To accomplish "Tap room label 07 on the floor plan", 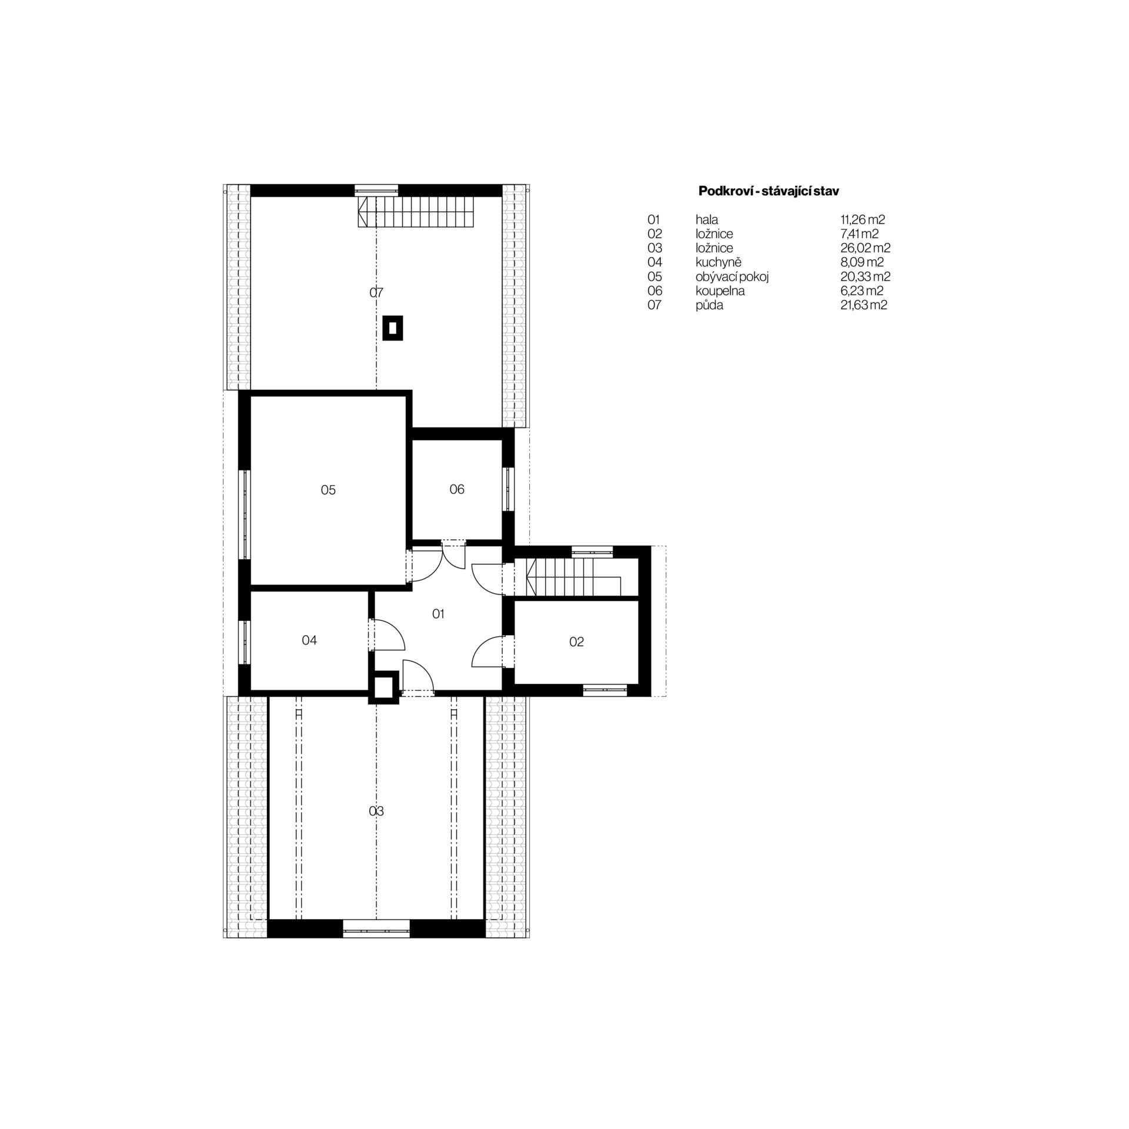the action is pos(376,292).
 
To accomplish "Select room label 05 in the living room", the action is pos(328,490).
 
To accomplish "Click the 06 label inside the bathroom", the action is pos(457,489).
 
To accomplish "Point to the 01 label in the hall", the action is pos(438,614).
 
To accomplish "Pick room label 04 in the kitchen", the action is pos(309,640).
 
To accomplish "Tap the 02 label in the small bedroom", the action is pos(576,642).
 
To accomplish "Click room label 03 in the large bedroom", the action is pos(376,811).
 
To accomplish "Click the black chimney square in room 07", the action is pos(393,328).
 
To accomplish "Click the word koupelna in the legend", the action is pos(720,291).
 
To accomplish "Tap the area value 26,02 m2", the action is pos(861,248).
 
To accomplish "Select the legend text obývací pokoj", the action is pos(732,277).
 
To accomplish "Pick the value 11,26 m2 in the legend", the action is pos(863,220).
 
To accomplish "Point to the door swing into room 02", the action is pos(488,652).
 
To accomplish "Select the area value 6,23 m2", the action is pos(862,291).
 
